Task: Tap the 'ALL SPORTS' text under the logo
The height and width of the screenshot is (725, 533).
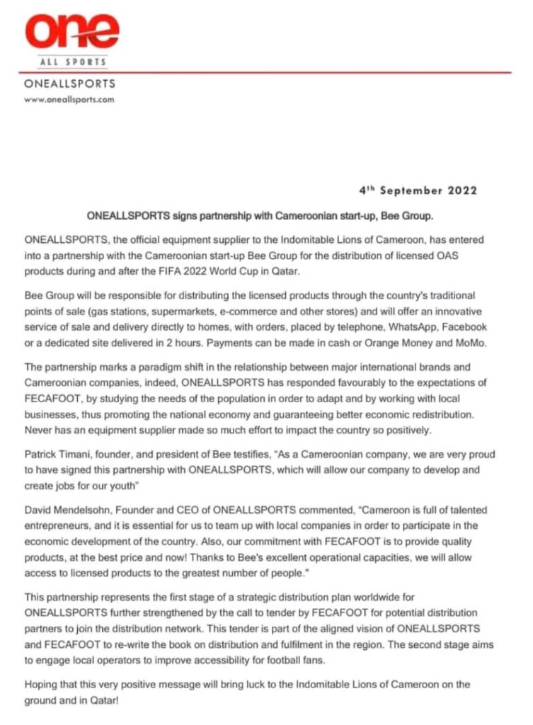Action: (72, 62)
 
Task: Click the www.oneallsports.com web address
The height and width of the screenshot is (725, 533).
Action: (69, 100)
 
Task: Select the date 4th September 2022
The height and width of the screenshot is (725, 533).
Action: (417, 190)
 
